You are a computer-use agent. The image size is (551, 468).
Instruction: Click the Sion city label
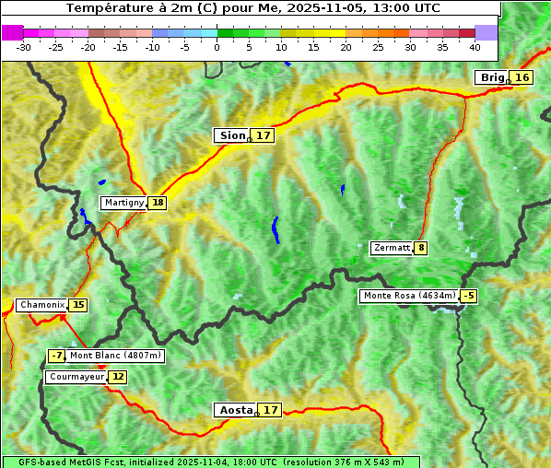pos(231,135)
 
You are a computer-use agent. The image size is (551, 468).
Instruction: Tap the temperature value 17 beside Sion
pos(264,135)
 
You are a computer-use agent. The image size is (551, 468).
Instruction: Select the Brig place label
pos(492,77)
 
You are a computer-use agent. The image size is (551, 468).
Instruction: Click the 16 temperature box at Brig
pos(522,77)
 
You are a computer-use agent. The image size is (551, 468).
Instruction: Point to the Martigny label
pos(123,203)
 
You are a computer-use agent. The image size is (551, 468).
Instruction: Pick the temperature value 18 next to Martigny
pos(158,203)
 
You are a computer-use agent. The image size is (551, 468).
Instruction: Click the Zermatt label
pos(392,248)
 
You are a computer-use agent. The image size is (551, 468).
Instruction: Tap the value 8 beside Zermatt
pos(421,248)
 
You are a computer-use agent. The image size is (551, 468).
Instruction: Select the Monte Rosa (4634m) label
pos(409,296)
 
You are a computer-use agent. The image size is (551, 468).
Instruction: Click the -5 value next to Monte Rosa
pos(469,296)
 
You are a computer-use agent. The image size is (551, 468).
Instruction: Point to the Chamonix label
pos(41,305)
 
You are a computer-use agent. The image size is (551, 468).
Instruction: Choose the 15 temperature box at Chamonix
pos(78,305)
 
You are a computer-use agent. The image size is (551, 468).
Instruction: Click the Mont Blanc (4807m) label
pos(115,356)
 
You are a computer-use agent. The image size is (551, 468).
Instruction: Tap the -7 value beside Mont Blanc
pos(57,356)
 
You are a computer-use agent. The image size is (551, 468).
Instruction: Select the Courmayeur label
pos(76,377)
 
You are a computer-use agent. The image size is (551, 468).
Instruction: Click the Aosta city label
pos(234,410)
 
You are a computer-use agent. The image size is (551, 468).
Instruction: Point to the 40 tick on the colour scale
pos(475,47)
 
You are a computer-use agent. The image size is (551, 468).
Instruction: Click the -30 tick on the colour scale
pos(24,47)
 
